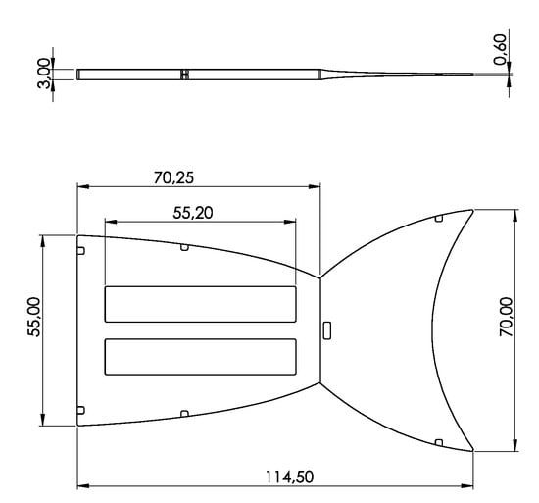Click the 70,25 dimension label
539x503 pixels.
[173, 177]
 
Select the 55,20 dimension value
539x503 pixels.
[193, 213]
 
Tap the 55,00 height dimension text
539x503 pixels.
[34, 317]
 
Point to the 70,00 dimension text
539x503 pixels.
[507, 317]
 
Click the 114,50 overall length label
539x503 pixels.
[289, 478]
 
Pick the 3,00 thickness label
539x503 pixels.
[44, 74]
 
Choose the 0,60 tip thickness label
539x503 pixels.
[500, 49]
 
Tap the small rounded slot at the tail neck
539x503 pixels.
[327, 330]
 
